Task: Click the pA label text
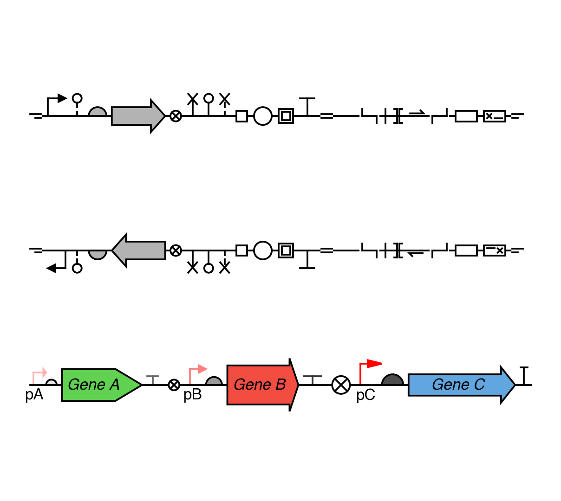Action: [34, 395]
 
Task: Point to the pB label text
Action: [192, 395]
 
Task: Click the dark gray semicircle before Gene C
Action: [392, 380]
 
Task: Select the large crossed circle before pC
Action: [341, 385]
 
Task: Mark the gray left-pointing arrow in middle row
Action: [139, 250]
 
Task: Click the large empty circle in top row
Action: [263, 116]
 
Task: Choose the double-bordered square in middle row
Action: [286, 250]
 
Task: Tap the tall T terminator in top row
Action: [307, 106]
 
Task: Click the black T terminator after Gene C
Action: [524, 375]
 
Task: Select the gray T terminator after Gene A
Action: [152, 379]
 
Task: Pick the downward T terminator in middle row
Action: [307, 260]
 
